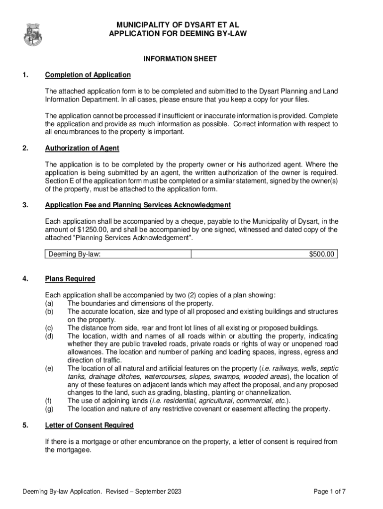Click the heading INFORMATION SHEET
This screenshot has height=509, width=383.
pyautogui.click(x=180, y=59)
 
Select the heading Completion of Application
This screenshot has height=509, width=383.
pyautogui.click(x=88, y=75)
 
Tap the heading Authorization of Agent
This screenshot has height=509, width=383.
pyautogui.click(x=82, y=148)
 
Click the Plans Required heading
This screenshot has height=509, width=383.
pyautogui.click(x=70, y=278)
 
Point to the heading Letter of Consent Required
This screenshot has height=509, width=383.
pyautogui.click(x=89, y=425)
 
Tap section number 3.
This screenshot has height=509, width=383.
pyautogui.click(x=25, y=205)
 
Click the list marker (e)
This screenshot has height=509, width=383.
pyautogui.click(x=49, y=368)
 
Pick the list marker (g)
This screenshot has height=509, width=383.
pyautogui.click(x=49, y=409)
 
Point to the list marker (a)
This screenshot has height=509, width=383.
pyautogui.click(x=49, y=303)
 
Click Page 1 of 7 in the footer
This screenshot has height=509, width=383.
pyautogui.click(x=329, y=492)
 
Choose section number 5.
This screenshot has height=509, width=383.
pyautogui.click(x=25, y=425)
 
